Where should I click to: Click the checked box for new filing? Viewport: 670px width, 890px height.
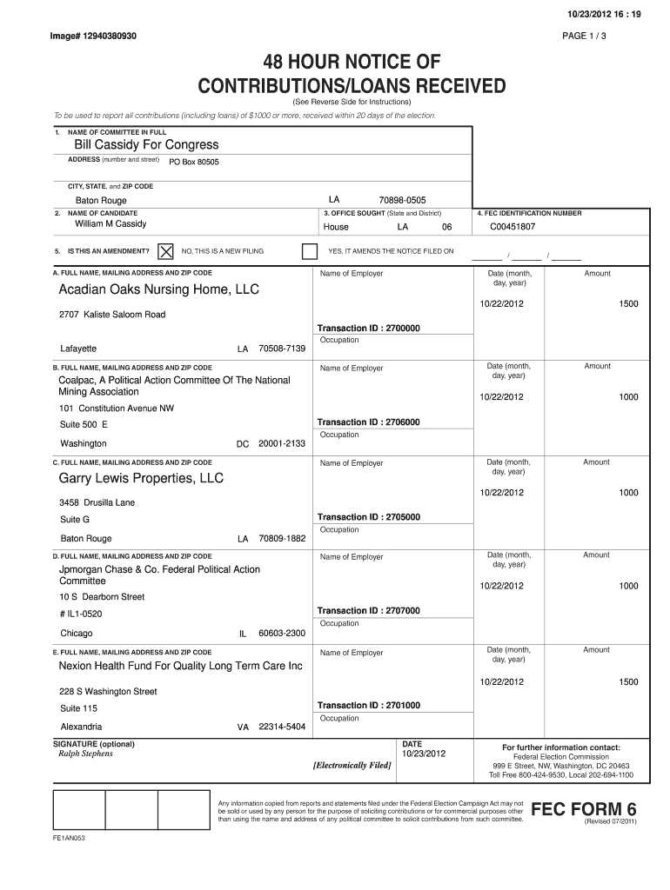165,251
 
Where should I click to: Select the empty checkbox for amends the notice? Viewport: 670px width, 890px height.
309,251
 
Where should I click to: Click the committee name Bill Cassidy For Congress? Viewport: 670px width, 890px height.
146,144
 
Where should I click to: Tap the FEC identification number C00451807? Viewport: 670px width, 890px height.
513,227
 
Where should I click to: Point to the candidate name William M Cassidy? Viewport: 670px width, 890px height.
111,224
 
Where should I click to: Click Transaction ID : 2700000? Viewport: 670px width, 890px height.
369,329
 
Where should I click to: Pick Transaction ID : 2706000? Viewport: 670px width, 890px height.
369,422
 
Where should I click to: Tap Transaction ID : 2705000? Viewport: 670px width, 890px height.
369,517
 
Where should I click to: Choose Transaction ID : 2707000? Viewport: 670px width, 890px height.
369,611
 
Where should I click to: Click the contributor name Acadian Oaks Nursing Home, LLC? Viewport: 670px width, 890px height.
158,289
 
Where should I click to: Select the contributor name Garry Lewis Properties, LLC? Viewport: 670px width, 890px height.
141,479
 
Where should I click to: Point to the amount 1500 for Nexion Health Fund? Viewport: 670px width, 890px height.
628,682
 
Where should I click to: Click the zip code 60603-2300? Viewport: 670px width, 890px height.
282,634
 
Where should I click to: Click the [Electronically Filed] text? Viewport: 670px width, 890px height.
352,765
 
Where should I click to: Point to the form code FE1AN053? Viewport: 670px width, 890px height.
69,839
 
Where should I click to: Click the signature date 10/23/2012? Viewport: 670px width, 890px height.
424,754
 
